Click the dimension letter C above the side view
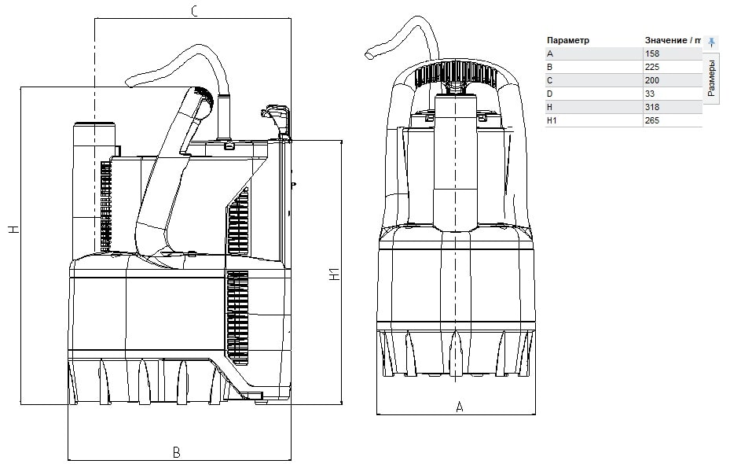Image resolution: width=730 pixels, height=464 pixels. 195,11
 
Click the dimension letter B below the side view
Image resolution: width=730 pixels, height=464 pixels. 177,452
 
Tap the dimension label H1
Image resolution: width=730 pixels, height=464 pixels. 335,274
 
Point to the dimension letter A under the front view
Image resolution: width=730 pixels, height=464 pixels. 460,407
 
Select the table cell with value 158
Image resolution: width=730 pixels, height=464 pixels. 651,53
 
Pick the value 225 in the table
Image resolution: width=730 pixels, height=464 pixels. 651,67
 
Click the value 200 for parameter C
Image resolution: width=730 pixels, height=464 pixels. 651,80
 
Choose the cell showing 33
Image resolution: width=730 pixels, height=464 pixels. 650,94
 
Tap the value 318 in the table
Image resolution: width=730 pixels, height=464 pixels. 651,107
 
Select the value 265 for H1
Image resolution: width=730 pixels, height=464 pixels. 651,120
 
